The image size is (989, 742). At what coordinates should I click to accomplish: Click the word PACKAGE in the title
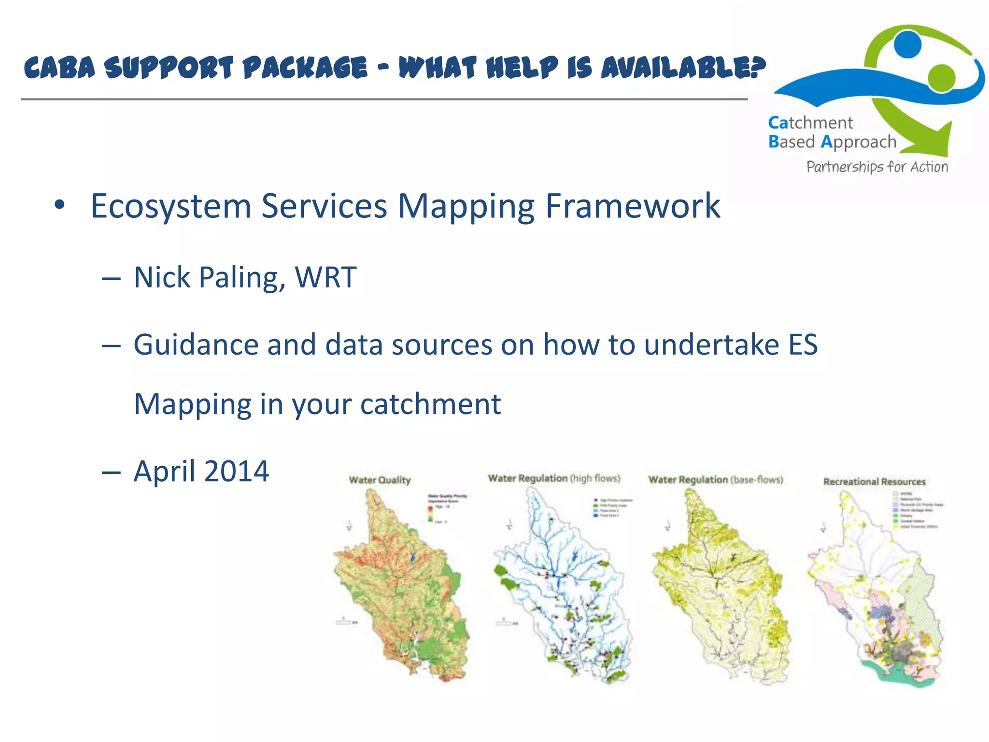coord(305,67)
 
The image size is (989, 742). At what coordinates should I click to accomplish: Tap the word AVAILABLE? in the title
coord(683,67)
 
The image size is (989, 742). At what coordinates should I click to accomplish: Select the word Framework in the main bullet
coord(633,206)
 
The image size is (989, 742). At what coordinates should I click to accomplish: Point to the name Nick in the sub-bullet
coord(162,277)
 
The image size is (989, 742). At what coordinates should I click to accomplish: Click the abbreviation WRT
coord(325,277)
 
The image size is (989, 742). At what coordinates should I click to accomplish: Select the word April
coord(164,471)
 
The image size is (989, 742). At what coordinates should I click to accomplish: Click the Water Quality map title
coord(380,480)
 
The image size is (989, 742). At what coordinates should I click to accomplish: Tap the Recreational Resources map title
coord(874,482)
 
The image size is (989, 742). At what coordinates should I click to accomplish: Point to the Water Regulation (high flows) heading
coord(554,478)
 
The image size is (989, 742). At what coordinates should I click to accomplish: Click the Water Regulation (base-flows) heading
coord(715,480)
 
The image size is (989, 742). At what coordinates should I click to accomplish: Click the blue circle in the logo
coord(907,44)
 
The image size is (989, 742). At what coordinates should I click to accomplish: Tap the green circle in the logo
coord(941,77)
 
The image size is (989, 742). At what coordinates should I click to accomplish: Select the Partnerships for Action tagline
coord(877,167)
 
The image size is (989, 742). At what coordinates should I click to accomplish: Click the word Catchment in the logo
coord(810,123)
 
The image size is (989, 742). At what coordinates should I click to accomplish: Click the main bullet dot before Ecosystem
coord(59,205)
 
